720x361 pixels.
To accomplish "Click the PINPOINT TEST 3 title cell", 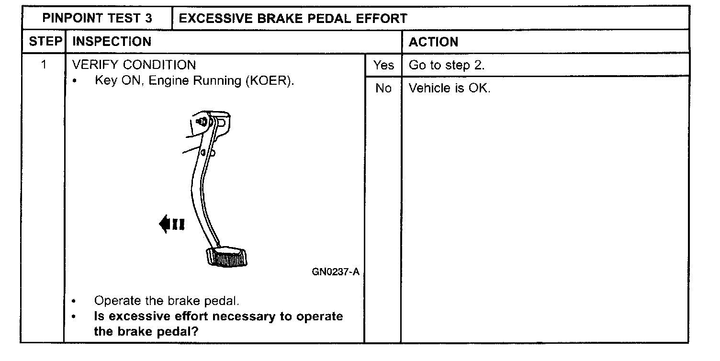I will point(97,19).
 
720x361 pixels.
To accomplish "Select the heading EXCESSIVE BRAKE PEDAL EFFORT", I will point(292,19).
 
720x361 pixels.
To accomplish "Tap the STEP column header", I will point(45,42).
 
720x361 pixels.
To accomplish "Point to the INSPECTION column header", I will point(112,42).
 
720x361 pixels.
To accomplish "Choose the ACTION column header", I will point(433,42).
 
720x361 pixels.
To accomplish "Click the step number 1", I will point(44,65).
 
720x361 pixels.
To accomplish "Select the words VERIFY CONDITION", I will point(134,65).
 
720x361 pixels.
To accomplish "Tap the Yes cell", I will point(383,65).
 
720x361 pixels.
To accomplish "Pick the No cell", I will point(383,89).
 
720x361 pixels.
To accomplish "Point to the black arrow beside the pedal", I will point(171,224).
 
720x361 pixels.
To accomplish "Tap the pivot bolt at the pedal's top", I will point(202,122).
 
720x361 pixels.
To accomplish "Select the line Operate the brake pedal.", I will point(166,301).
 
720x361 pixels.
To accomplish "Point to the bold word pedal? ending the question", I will point(178,331).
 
